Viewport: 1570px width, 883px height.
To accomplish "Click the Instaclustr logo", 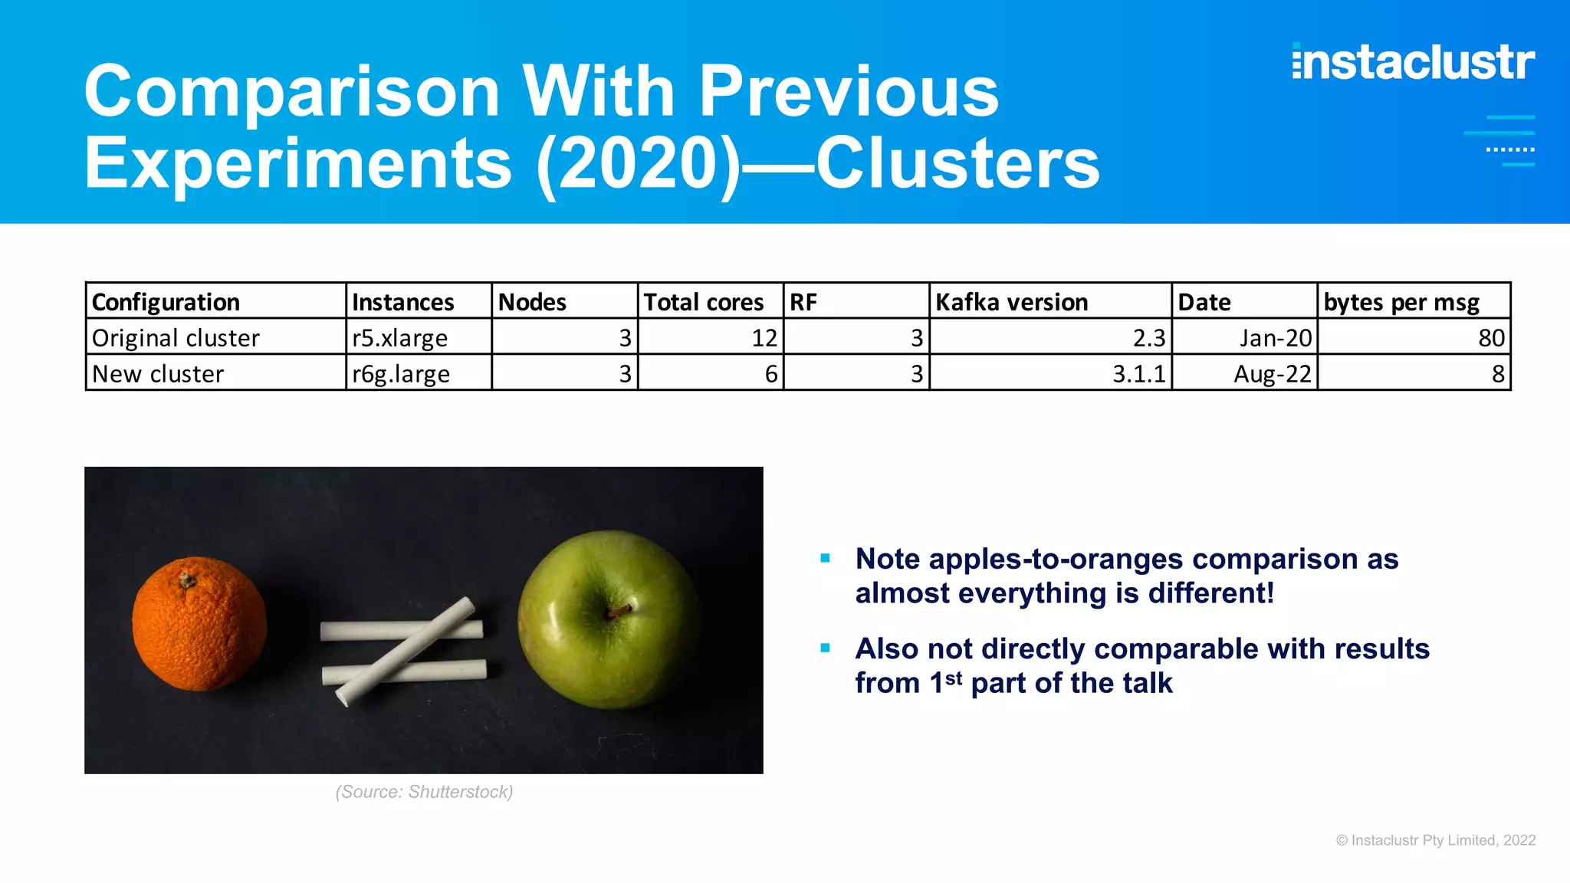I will [x=1413, y=62].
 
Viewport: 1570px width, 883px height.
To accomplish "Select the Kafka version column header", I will [x=1011, y=302].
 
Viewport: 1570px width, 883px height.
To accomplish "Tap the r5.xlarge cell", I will [x=399, y=338].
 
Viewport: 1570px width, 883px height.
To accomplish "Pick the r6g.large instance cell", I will [x=401, y=374].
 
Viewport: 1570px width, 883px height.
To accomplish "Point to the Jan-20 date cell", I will [x=1276, y=338].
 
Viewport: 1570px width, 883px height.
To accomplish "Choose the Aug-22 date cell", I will [x=1273, y=374].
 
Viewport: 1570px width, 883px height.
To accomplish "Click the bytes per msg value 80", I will [x=1491, y=338].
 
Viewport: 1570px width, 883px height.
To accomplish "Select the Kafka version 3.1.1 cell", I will [x=1138, y=374].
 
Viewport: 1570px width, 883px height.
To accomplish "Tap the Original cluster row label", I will [x=176, y=338].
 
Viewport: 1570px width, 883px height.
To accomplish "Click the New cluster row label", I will [x=158, y=374].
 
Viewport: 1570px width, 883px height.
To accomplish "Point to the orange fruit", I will [x=199, y=622].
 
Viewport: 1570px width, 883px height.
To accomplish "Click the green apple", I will [x=609, y=619].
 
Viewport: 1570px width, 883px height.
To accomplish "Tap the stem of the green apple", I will [x=618, y=610].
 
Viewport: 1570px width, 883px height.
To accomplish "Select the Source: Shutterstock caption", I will [x=424, y=792].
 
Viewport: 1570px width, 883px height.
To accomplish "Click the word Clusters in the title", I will [x=957, y=163].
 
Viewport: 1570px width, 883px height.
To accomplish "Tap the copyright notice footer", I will [x=1435, y=840].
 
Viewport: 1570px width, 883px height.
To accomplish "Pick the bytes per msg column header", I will [x=1401, y=302].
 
